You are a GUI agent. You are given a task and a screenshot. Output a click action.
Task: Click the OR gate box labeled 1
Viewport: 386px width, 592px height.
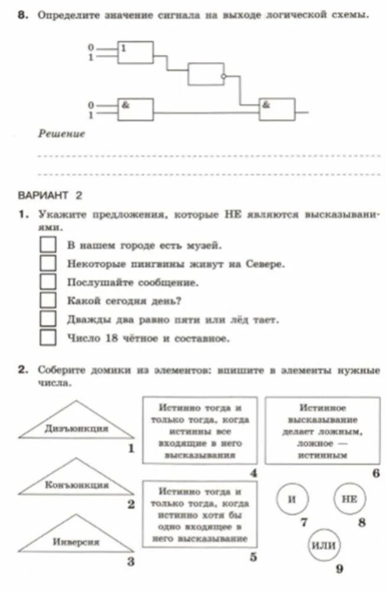pyautogui.click(x=135, y=53)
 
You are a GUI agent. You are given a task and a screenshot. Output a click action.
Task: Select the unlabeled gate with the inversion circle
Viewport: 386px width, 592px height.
pyautogui.click(x=206, y=74)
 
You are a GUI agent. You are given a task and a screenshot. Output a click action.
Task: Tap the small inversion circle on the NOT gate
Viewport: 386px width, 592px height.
pyautogui.click(x=223, y=76)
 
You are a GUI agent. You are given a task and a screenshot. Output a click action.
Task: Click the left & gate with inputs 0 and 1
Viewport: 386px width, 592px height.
pyautogui.click(x=135, y=109)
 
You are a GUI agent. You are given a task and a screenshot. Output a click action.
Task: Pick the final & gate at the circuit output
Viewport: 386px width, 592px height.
pyautogui.click(x=277, y=109)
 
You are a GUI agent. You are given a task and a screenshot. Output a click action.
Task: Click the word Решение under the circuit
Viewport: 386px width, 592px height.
pyautogui.click(x=61, y=134)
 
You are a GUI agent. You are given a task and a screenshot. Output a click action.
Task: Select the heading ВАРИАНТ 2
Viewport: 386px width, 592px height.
pyautogui.click(x=50, y=195)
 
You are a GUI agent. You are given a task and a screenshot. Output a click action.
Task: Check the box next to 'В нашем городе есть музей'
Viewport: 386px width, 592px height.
pyautogui.click(x=47, y=244)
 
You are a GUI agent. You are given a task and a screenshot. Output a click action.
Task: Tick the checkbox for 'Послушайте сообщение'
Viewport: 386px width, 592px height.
pyautogui.click(x=47, y=282)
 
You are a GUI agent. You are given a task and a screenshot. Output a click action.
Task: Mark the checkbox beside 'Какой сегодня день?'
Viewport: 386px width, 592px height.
pyautogui.click(x=47, y=300)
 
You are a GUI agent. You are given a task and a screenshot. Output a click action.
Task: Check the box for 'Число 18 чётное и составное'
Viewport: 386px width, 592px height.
pyautogui.click(x=47, y=338)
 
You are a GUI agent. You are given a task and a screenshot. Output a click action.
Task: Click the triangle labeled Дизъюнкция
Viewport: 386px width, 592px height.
pyautogui.click(x=76, y=423)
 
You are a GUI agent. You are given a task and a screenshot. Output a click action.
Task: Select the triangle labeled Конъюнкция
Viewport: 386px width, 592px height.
pyautogui.click(x=76, y=479)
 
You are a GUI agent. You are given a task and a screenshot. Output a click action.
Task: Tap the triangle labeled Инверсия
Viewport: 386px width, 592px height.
pyautogui.click(x=76, y=537)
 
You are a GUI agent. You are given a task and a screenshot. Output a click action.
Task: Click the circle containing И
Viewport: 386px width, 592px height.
pyautogui.click(x=292, y=498)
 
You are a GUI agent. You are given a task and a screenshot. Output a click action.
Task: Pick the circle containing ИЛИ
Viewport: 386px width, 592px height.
pyautogui.click(x=323, y=545)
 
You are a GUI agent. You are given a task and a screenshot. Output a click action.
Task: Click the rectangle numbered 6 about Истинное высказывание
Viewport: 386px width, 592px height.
pyautogui.click(x=322, y=430)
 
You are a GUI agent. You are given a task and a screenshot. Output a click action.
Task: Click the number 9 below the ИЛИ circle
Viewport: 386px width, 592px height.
pyautogui.click(x=339, y=569)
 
